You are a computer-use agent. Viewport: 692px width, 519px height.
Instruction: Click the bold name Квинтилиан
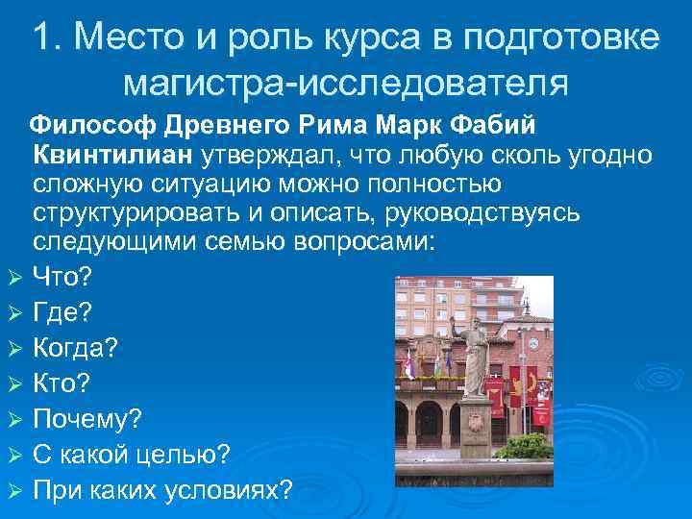[x=112, y=155]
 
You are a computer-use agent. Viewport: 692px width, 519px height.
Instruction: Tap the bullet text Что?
[x=62, y=278]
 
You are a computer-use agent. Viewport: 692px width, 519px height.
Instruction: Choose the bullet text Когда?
[x=76, y=348]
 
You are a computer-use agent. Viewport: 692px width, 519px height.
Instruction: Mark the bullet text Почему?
[x=86, y=419]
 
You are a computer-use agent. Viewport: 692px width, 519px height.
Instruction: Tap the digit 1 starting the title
[x=41, y=37]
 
